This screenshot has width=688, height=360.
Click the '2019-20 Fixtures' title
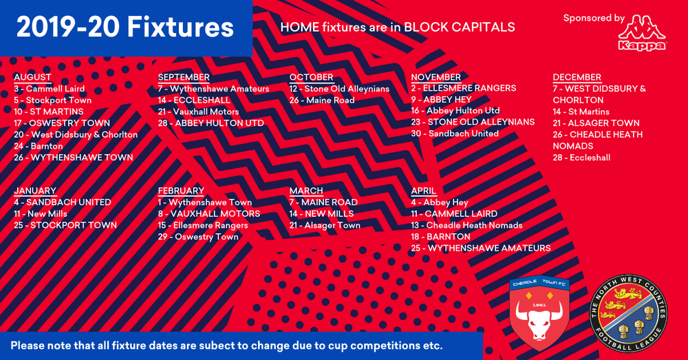(125, 28)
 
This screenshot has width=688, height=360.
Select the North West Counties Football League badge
(628, 313)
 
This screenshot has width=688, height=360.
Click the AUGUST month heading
(32, 77)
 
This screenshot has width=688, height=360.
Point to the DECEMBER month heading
(577, 77)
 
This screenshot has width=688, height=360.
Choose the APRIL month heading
(424, 191)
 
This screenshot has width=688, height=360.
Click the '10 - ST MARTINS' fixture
(48, 112)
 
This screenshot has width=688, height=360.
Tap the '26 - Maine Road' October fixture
(322, 100)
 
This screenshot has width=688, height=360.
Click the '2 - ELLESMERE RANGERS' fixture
(463, 88)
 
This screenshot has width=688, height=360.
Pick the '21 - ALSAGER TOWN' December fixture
(596, 123)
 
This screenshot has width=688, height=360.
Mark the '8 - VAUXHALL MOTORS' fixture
(208, 213)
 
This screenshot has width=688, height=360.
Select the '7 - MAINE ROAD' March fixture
(323, 202)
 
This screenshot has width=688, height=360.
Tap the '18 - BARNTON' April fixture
(440, 236)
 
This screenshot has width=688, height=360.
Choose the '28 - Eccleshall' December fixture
(581, 157)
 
